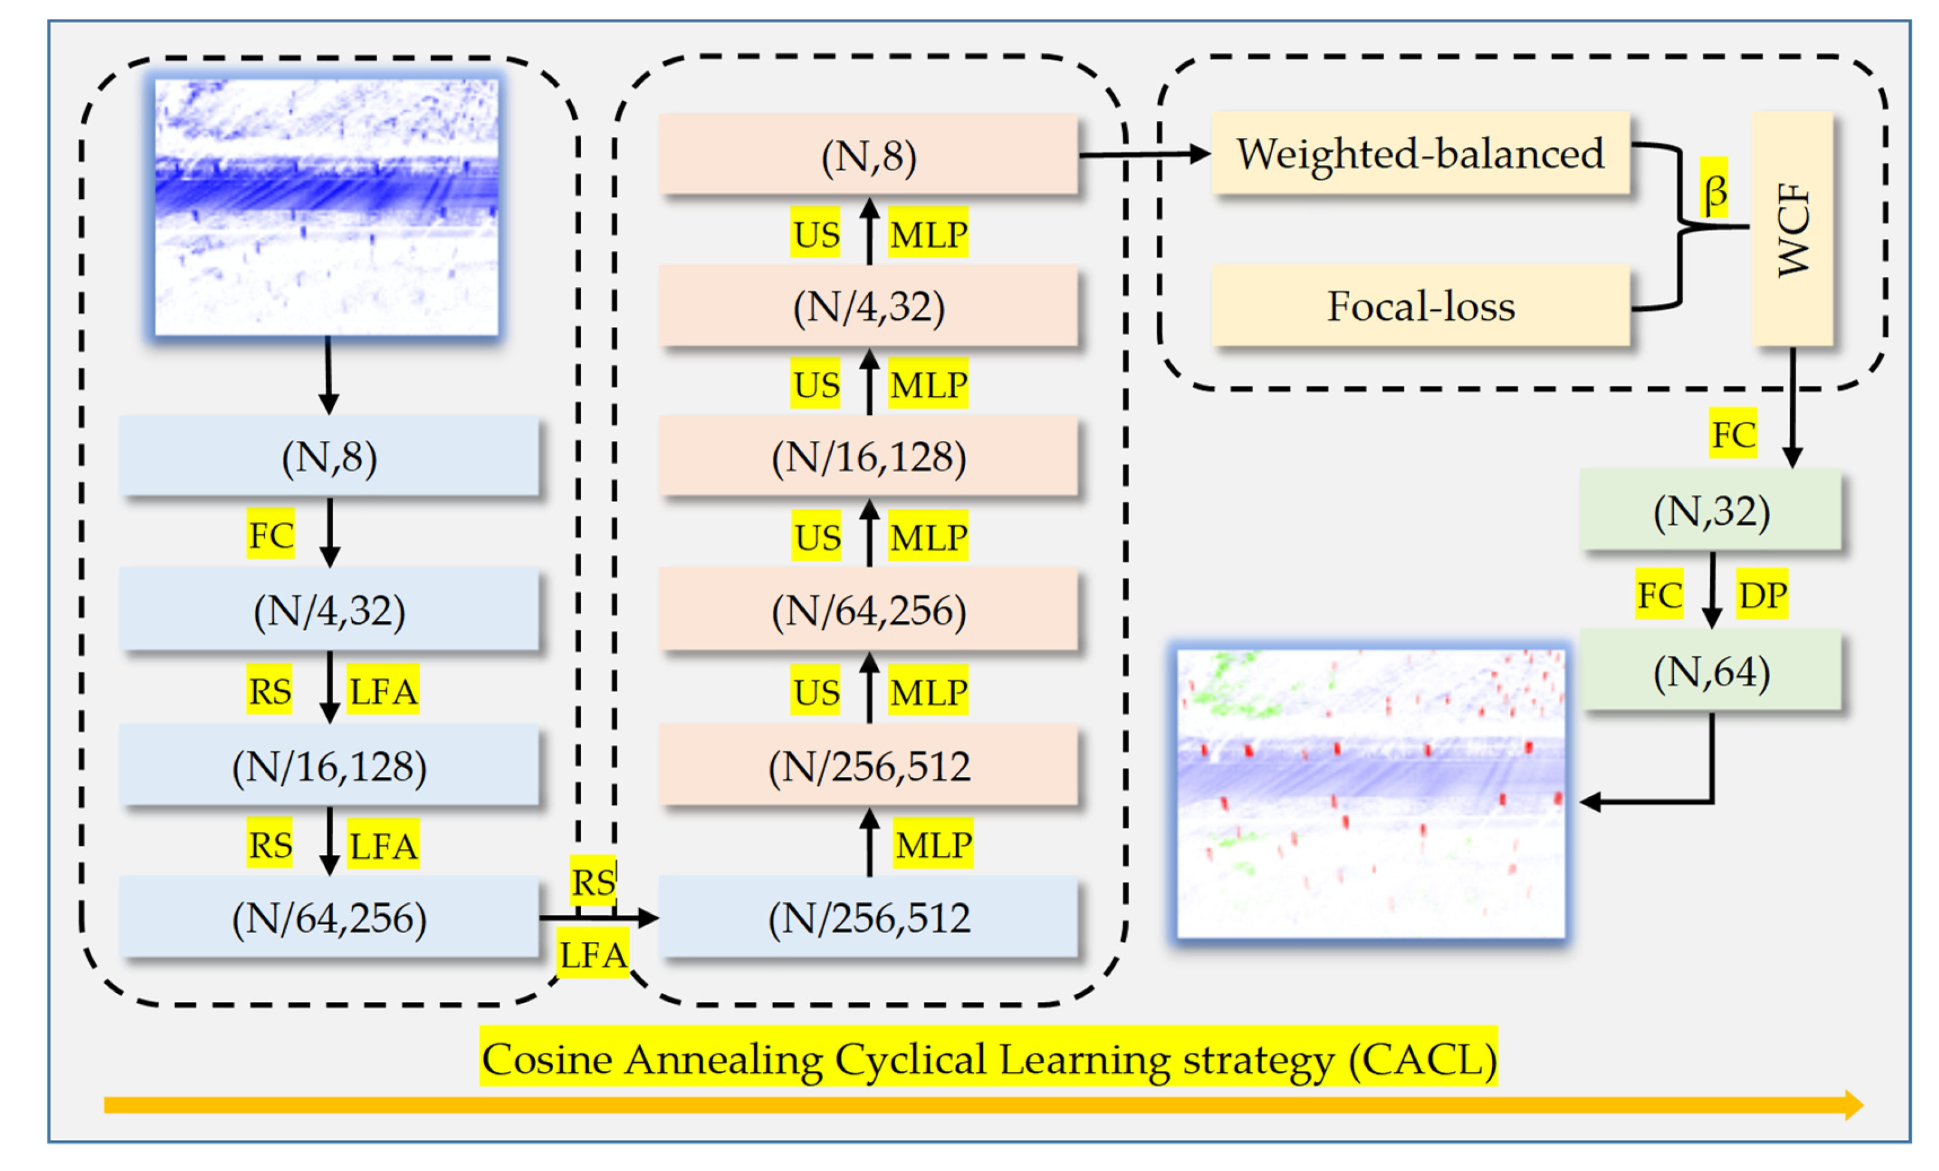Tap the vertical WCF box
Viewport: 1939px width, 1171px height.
click(x=1792, y=228)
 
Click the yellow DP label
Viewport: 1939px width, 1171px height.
click(x=1762, y=594)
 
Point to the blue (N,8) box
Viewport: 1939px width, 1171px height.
click(x=329, y=456)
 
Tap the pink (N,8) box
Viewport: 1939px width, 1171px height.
click(x=868, y=154)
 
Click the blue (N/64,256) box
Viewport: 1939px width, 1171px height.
click(x=329, y=917)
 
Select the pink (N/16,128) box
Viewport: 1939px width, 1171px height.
click(x=868, y=457)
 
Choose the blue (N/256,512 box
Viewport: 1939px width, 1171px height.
click(x=868, y=917)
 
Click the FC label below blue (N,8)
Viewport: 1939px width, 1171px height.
click(x=270, y=535)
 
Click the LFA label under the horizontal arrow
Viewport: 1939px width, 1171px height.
click(x=593, y=954)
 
